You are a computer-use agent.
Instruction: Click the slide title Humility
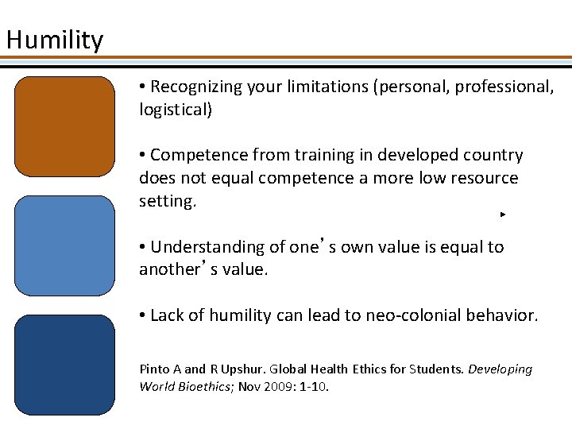tap(54, 39)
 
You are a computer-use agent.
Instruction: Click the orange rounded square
tap(65, 126)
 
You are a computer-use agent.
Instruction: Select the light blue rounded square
tap(65, 245)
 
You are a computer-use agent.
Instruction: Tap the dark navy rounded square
tap(65, 365)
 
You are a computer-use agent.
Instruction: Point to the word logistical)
tap(176, 110)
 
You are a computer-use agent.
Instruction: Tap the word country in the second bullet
tap(493, 155)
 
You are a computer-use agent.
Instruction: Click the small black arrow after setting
tap(504, 214)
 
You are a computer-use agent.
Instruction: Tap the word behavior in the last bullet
tap(501, 315)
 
